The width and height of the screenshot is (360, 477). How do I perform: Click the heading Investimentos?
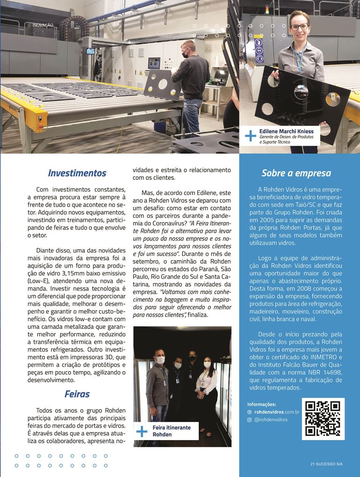77,173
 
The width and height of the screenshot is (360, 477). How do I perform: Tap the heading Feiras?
77,394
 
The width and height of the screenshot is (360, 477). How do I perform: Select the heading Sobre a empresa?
296,173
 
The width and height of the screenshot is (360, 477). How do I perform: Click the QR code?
322,419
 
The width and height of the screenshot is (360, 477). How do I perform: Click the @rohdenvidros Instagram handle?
271,420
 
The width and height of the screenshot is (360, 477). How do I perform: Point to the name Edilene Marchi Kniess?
285,131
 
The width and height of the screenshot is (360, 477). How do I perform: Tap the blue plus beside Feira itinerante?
141,431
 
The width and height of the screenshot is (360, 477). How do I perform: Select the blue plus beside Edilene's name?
251,135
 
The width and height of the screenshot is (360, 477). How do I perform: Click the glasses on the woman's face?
299,27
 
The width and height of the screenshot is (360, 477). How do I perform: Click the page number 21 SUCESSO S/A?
326,464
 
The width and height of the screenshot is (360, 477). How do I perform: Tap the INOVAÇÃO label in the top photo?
43,24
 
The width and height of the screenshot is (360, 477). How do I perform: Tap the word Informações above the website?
262,404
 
